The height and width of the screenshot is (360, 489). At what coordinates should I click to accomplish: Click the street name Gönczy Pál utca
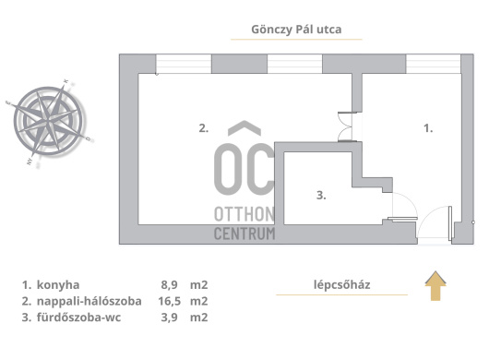coord(296,30)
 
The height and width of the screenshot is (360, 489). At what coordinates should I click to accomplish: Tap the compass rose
coord(49,122)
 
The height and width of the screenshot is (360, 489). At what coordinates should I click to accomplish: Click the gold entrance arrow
coord(435,286)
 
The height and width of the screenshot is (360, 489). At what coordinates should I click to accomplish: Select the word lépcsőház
coord(341,284)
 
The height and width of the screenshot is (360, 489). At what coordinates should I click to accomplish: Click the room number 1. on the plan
coord(428,128)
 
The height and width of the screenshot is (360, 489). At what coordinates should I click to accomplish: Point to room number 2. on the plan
coord(204,128)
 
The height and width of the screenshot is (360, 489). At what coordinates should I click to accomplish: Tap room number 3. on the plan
coord(321,196)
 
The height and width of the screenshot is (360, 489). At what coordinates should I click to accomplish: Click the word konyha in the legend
coord(58,285)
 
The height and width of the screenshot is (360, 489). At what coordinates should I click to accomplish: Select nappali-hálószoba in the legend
coord(89,301)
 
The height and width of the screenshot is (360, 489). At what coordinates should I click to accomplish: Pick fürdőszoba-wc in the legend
coord(79,318)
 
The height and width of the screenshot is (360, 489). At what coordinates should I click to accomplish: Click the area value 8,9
coord(170,285)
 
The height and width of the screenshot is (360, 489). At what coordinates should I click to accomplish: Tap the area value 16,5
coord(170,301)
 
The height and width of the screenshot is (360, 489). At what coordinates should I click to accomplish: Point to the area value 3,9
coord(170,318)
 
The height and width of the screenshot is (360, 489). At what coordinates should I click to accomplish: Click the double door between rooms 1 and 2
coord(346,126)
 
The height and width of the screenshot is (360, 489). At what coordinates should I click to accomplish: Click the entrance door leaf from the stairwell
coord(450,223)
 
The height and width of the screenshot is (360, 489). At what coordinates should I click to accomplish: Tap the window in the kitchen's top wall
coord(433,64)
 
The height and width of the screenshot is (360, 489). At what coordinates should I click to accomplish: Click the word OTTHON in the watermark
coord(244,214)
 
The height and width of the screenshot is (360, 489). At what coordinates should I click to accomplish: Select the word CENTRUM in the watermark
coord(244,234)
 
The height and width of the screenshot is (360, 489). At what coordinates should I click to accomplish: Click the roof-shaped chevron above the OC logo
coord(244,128)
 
